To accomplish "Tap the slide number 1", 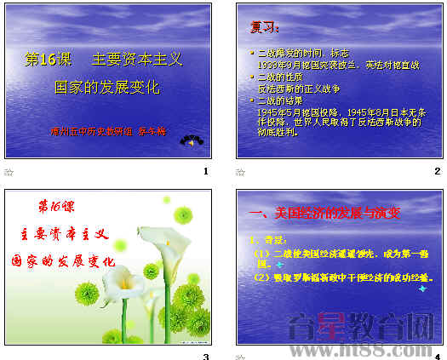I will point(205,171).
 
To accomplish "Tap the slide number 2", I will point(437,171).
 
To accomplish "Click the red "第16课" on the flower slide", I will point(58,208).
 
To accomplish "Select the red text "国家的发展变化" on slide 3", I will point(64,260).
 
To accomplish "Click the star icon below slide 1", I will point(9,172).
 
